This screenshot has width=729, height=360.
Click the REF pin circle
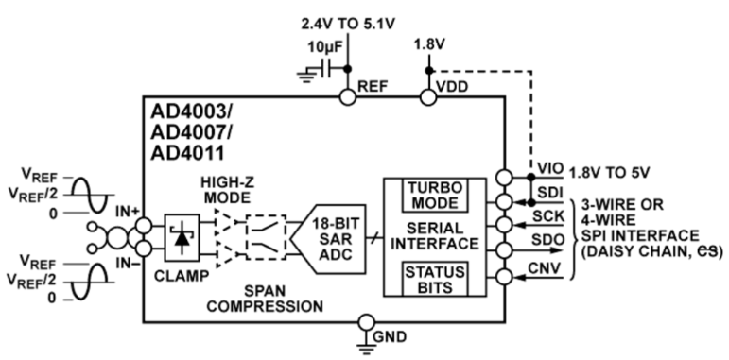click(x=347, y=95)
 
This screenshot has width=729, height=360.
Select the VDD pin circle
click(x=428, y=95)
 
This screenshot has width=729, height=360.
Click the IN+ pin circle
click(x=143, y=225)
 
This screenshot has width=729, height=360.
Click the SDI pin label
click(x=546, y=192)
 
